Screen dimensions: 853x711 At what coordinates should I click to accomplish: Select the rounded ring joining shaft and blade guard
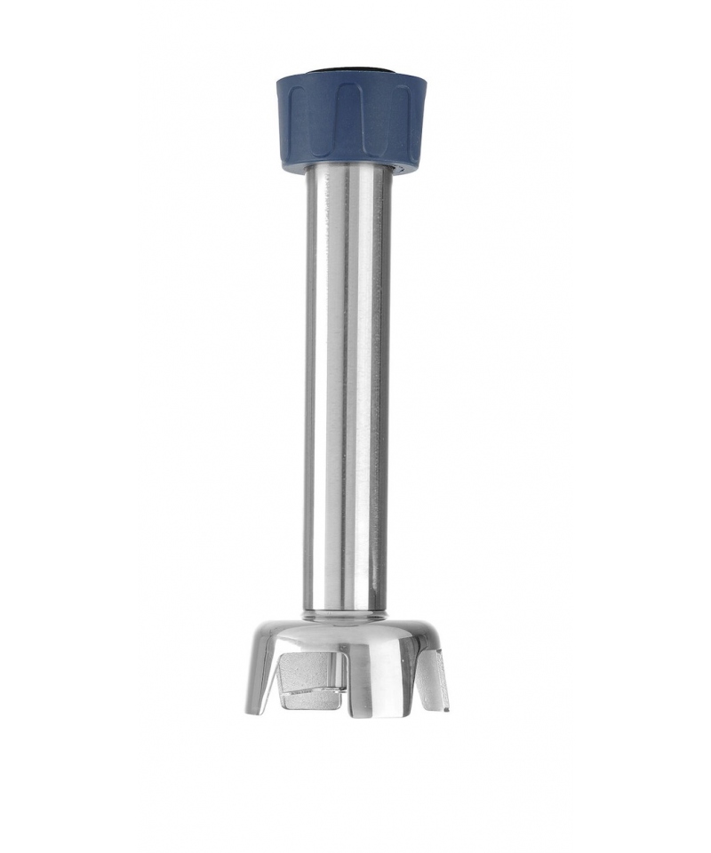click(347, 612)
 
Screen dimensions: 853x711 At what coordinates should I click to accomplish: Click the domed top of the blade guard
click(347, 633)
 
